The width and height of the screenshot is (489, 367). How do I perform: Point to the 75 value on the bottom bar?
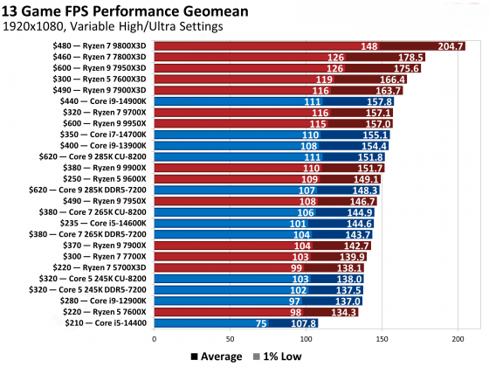click(x=260, y=322)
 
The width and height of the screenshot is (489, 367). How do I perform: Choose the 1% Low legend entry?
click(x=274, y=356)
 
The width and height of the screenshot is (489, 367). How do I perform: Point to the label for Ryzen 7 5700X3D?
click(x=107, y=267)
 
